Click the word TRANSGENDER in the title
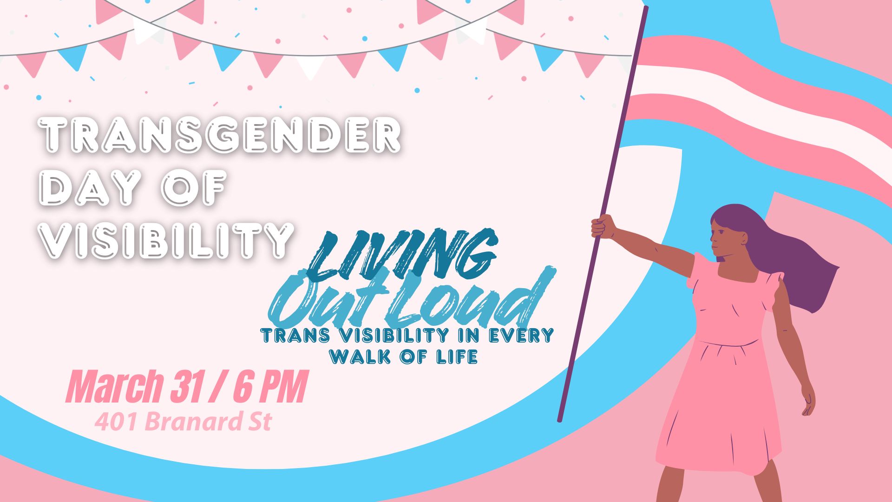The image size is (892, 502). tap(220, 136)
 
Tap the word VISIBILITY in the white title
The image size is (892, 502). tap(167, 240)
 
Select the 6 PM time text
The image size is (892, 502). tap(269, 387)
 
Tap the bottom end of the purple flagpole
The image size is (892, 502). tap(560, 420)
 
